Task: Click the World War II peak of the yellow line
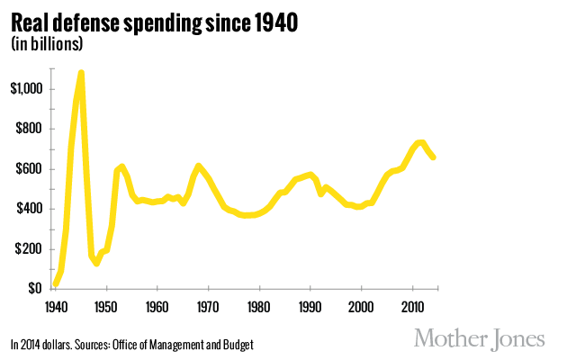[82, 73]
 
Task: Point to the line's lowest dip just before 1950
[96, 263]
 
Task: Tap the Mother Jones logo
[479, 339]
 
